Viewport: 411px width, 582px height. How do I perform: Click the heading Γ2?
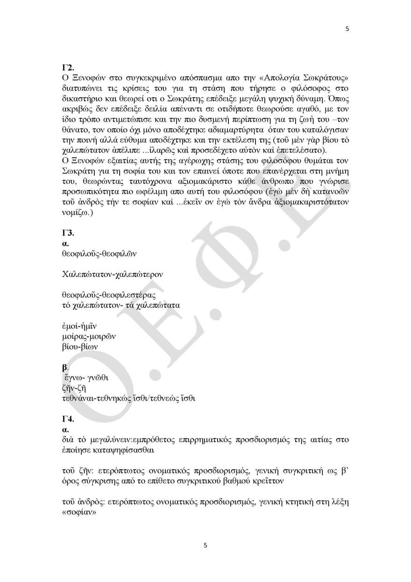pos(68,66)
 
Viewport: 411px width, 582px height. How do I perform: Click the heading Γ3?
pos(68,233)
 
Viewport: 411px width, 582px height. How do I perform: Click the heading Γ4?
pos(68,419)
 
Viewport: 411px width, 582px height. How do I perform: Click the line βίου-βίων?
pos(80,347)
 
